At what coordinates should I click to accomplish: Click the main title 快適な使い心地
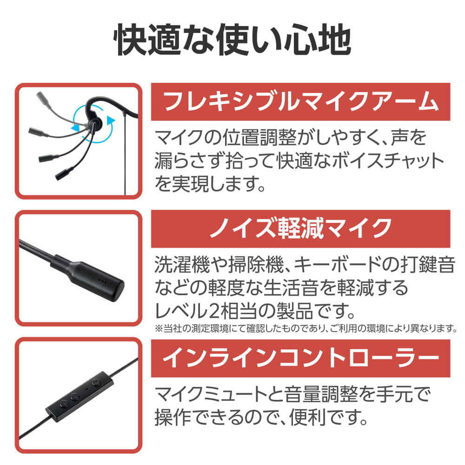click(x=232, y=40)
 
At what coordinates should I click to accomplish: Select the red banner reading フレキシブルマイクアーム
click(x=300, y=102)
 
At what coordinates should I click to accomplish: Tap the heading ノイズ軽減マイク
click(x=300, y=229)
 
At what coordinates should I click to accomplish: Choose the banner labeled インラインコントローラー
click(x=300, y=358)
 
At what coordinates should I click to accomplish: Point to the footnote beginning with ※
click(x=306, y=328)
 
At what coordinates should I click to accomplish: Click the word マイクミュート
click(x=211, y=394)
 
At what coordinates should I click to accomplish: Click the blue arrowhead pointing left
click(x=75, y=128)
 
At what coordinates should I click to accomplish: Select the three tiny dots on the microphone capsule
click(x=102, y=280)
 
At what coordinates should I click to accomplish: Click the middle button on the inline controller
click(x=74, y=396)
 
